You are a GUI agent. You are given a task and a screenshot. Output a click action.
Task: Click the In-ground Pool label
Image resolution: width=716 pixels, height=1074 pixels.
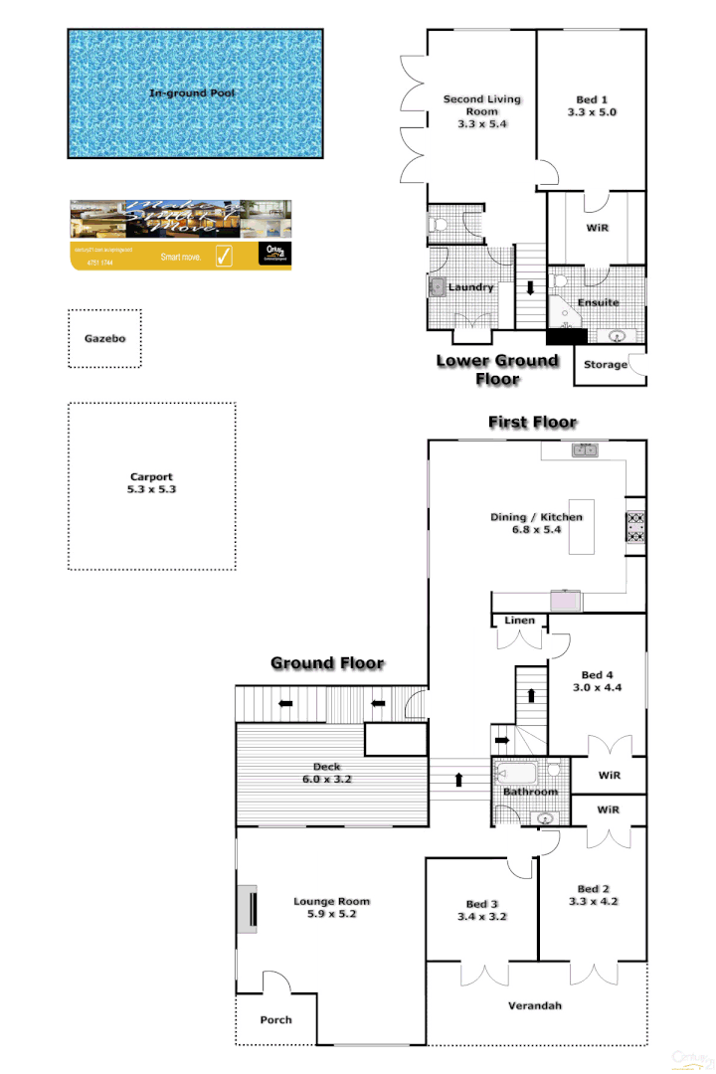[x=193, y=93]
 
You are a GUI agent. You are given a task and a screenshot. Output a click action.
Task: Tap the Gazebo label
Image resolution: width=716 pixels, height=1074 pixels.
[x=104, y=338]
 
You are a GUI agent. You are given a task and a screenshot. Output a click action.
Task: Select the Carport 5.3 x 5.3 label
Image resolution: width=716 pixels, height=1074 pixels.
[x=151, y=483]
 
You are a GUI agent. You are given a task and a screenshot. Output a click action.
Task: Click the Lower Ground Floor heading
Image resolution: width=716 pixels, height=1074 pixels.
[x=497, y=369]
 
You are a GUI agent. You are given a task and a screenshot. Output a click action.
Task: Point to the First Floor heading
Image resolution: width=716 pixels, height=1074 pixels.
[x=532, y=423]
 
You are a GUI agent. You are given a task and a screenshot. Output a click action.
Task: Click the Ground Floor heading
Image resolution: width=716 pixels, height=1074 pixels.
[x=327, y=663]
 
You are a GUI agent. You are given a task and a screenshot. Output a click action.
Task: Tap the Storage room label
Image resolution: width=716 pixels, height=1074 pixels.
[x=606, y=365]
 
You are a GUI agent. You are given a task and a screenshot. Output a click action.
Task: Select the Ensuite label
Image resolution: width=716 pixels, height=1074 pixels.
[x=599, y=302]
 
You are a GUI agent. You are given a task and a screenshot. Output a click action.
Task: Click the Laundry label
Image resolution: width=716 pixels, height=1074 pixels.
[x=471, y=287]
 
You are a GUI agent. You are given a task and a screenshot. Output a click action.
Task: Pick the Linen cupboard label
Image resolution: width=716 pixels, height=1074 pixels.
[x=519, y=621]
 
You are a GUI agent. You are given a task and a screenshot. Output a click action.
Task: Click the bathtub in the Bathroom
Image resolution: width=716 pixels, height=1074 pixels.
[x=517, y=772]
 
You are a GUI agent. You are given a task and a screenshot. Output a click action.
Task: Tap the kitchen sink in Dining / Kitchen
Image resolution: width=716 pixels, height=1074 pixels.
[x=585, y=450]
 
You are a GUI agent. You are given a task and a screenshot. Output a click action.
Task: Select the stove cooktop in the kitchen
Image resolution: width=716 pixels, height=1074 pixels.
[x=635, y=525]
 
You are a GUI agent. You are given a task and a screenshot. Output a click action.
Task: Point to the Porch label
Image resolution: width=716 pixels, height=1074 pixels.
[x=275, y=1019]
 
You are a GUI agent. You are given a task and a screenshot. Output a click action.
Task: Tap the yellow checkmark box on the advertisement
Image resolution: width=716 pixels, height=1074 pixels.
[x=224, y=257]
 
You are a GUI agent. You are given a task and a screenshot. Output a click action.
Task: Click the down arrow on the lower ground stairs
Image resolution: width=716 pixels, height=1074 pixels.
[x=530, y=288]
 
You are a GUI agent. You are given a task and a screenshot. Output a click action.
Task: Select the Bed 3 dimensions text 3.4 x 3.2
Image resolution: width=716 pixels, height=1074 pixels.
[x=482, y=917]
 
